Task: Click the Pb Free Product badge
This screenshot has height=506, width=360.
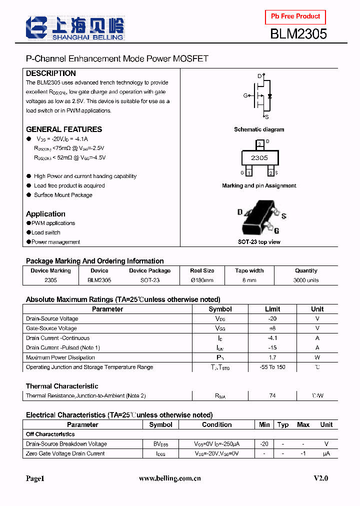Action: pos(295,17)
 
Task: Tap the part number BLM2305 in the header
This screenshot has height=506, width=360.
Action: pos(298,34)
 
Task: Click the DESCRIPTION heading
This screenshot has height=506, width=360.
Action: pos(51,73)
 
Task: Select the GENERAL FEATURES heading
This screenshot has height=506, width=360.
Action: pos(64,129)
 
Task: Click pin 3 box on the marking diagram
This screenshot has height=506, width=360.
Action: pos(259,144)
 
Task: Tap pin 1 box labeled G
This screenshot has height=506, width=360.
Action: pos(249,173)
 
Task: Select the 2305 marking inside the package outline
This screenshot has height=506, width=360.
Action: pos(259,158)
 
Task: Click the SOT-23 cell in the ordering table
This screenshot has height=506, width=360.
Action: pos(149,280)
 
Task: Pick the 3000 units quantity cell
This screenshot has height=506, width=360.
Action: pos(306,280)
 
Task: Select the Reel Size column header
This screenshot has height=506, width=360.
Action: pos(202,270)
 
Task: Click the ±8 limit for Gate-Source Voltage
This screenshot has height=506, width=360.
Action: pos(272,328)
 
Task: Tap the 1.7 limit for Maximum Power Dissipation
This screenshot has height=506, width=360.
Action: pos(272,357)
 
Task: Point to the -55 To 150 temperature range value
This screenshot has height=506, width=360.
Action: pos(272,367)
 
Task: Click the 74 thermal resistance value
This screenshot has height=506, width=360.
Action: pos(272,395)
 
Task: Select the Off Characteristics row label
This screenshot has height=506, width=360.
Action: pos(50,434)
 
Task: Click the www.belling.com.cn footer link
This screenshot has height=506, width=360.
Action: pos(169,478)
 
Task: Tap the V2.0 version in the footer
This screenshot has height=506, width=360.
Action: pos(321,478)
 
